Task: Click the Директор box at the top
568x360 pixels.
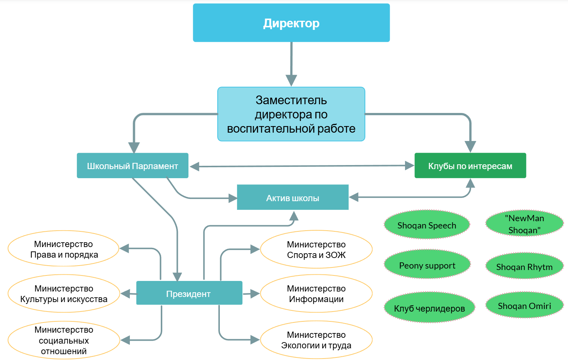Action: coord(291,23)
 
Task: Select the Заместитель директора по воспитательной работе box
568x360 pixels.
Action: coord(291,114)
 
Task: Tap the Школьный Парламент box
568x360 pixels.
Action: coord(132,166)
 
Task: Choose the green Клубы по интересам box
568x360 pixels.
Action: coord(470,166)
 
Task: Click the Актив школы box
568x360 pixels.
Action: coord(293,197)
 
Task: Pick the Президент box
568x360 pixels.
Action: coord(189,293)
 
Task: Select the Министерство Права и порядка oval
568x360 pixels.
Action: coord(64,249)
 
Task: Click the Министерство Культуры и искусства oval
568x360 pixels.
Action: coord(64,293)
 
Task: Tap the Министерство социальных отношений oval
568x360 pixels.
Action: coord(64,340)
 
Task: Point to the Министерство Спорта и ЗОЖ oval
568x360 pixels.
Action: coord(316,249)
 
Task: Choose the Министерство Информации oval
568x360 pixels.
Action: coord(316,293)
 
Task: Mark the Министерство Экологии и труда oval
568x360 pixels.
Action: coord(316,340)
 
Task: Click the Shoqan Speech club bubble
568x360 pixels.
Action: coord(427,225)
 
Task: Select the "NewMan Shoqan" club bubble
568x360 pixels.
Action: coord(524,224)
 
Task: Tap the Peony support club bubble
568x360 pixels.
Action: coord(427,265)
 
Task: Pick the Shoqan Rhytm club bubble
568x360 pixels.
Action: coord(524,266)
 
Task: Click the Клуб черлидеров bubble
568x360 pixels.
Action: coord(429,308)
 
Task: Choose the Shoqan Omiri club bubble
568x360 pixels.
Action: coord(524,305)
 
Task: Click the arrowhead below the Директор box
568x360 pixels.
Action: coord(291,80)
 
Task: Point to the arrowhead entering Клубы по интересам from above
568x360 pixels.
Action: coord(470,146)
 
